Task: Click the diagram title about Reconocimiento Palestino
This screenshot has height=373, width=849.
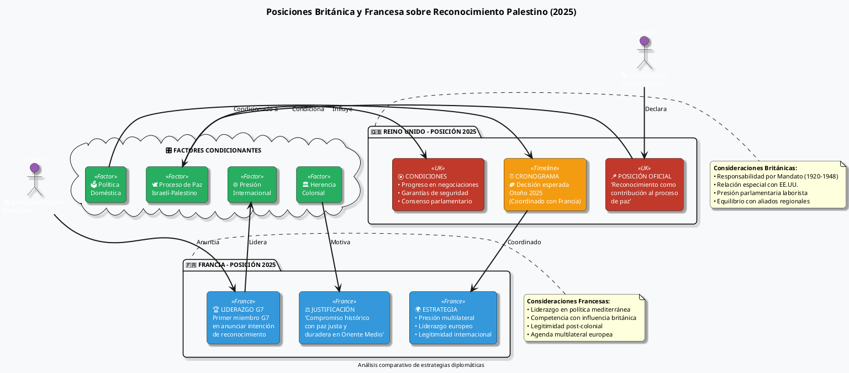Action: pos(421,12)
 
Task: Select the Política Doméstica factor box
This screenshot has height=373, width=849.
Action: pos(106,185)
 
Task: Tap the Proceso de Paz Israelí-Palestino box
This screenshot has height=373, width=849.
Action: pos(177,185)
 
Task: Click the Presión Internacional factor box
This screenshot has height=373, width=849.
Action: pos(252,185)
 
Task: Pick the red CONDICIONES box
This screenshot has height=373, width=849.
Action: pos(438,185)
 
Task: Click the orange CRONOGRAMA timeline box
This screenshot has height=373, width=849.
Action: pos(545,185)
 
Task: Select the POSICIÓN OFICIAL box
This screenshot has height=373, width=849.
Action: pos(644,185)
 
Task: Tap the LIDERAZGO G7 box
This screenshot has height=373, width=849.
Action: pos(243,318)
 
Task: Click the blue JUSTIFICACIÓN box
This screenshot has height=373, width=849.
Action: pos(344,318)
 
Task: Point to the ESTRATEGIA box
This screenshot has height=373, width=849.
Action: pos(453,318)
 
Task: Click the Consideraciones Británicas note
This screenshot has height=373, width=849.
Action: pos(778,185)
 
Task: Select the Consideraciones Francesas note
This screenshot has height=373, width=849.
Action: pos(584,318)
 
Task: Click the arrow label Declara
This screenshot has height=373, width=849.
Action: pos(656,109)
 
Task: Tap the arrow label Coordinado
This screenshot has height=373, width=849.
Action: pos(524,242)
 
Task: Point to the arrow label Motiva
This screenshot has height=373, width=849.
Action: pos(340,242)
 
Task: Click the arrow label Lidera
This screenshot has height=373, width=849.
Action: pos(257,242)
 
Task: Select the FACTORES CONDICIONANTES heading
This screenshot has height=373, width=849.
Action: pos(213,150)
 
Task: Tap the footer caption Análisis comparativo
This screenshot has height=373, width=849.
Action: pos(421,365)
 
